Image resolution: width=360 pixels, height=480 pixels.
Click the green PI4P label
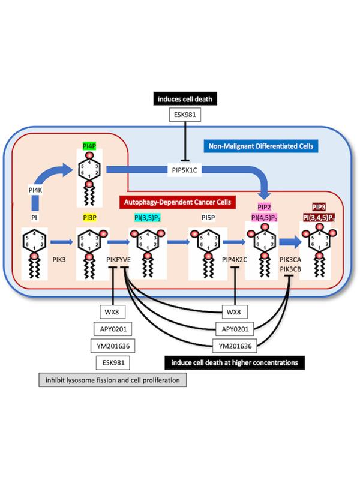pos(88,146)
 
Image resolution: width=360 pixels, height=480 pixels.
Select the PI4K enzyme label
pos(35,191)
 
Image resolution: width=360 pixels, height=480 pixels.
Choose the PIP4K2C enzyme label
pos(235,260)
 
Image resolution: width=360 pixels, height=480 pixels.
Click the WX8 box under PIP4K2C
pos(235,312)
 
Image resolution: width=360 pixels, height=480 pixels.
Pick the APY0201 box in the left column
pos(113,329)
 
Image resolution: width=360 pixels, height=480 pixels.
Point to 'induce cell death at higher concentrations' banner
pos(235,362)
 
